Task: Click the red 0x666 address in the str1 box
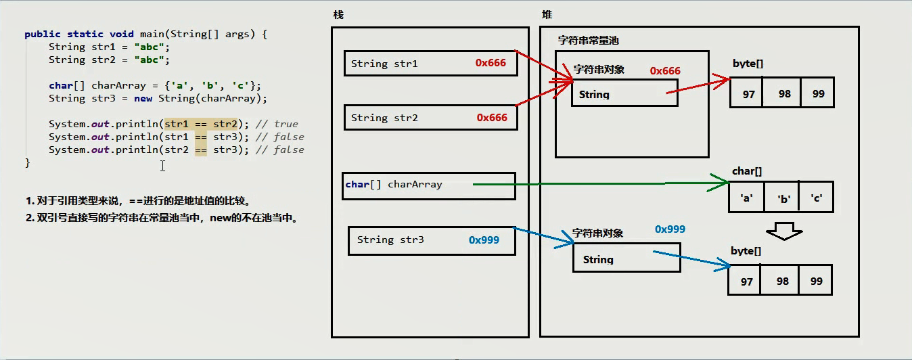click(491, 63)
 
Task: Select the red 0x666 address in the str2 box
click(492, 118)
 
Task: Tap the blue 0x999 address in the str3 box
click(484, 240)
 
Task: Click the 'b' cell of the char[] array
click(782, 198)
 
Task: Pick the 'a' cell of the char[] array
click(747, 198)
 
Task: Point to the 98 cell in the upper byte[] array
click(781, 93)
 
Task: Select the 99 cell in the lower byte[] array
click(815, 281)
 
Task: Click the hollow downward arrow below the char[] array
click(784, 231)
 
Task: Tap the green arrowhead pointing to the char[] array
click(719, 183)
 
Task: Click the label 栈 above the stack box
click(338, 15)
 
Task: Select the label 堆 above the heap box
click(547, 15)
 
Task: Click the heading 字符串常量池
click(589, 41)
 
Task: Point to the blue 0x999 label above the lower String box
click(670, 229)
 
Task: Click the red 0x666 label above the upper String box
click(665, 71)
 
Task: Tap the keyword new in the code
click(143, 99)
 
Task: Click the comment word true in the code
click(286, 124)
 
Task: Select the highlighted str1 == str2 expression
click(201, 124)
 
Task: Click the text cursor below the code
click(162, 166)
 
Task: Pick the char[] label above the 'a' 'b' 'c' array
click(747, 171)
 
